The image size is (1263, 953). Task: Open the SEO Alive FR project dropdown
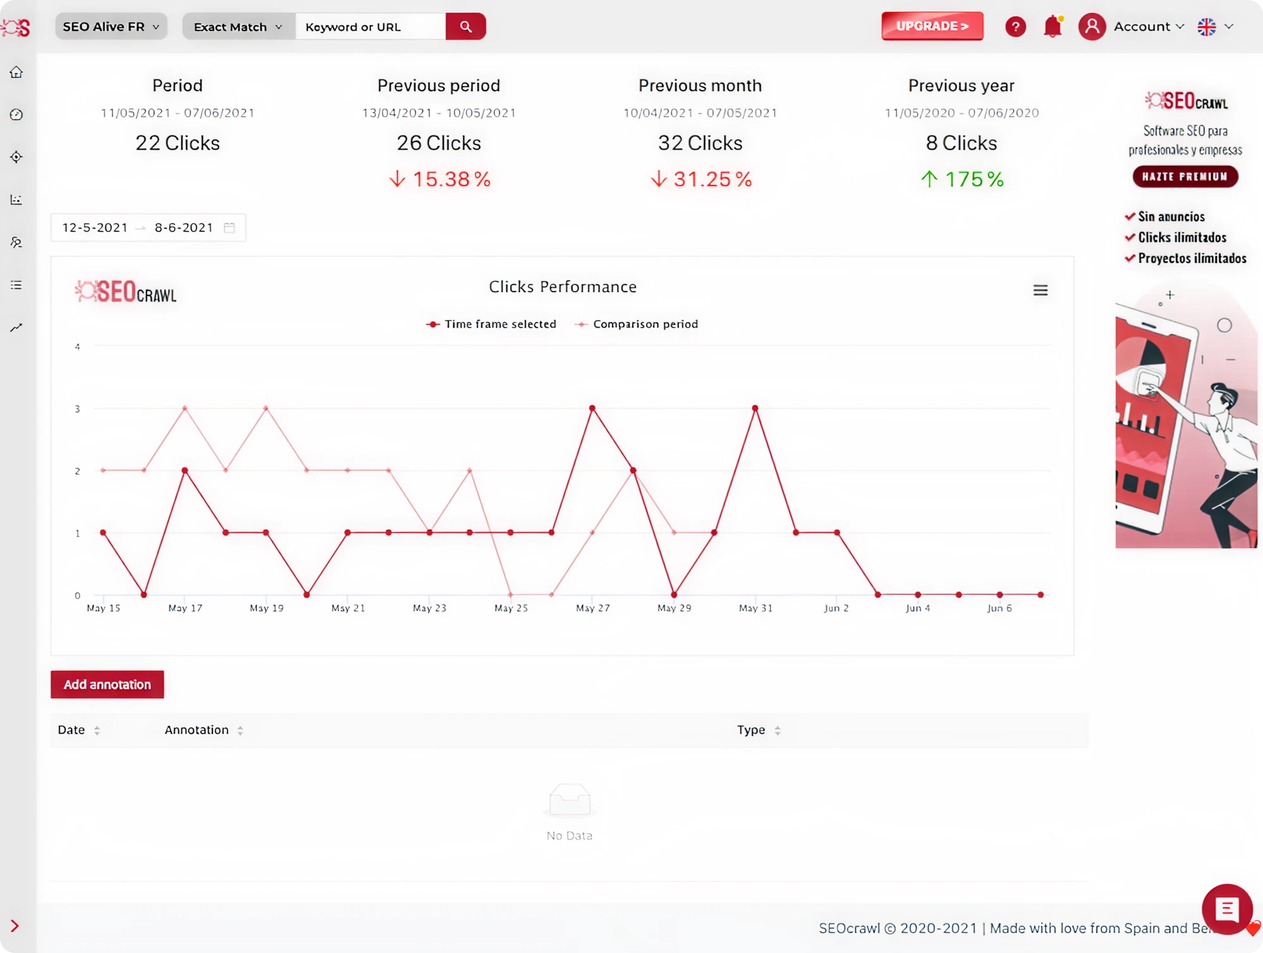click(111, 27)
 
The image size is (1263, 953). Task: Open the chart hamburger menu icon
click(1040, 291)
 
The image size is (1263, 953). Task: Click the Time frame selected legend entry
click(492, 324)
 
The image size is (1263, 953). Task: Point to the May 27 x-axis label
click(593, 608)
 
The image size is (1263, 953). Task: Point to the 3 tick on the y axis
click(78, 409)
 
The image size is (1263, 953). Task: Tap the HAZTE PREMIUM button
click(1185, 177)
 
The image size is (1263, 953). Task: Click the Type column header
click(751, 730)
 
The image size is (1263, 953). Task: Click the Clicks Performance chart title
click(562, 287)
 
